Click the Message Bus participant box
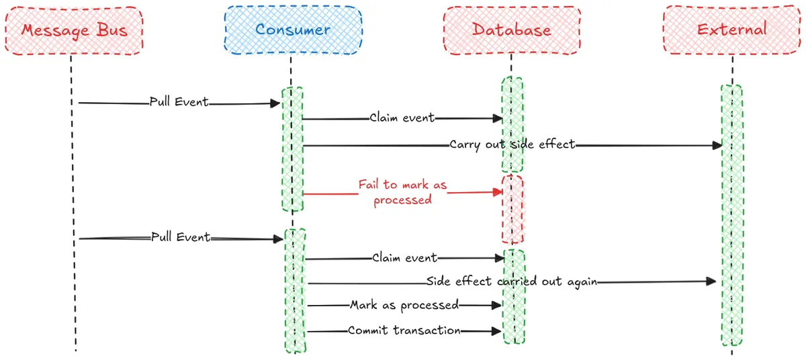tap(74, 30)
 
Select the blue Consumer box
tap(292, 30)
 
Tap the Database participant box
tap(512, 30)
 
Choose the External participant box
tap(731, 30)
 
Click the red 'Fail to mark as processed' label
tap(402, 191)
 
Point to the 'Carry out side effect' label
tap(512, 144)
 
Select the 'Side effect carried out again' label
tap(512, 282)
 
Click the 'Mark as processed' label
tap(404, 306)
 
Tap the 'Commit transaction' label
tap(404, 330)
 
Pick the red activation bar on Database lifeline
tap(512, 208)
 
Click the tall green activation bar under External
tap(731, 215)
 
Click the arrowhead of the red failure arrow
tap(499, 192)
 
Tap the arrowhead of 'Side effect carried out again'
tap(713, 282)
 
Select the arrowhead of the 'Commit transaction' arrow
tap(498, 330)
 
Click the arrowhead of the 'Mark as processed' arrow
tap(498, 306)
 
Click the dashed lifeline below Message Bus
tap(73, 201)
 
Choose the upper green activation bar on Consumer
tap(292, 149)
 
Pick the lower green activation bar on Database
tap(513, 296)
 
